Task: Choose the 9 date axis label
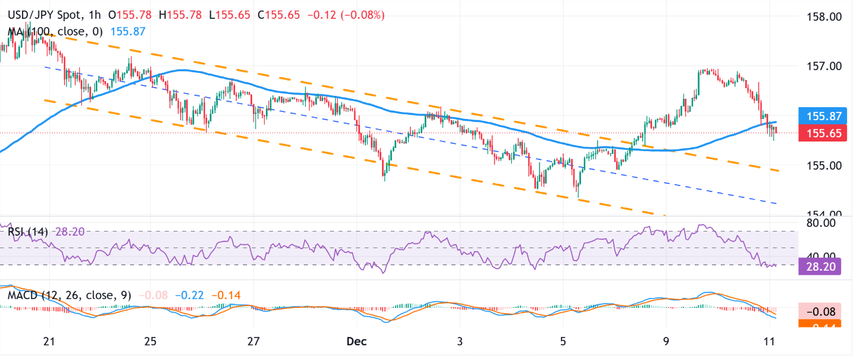(666, 341)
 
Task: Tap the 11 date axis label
(769, 341)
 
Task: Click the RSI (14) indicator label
(29, 232)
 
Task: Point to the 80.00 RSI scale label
(821, 223)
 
